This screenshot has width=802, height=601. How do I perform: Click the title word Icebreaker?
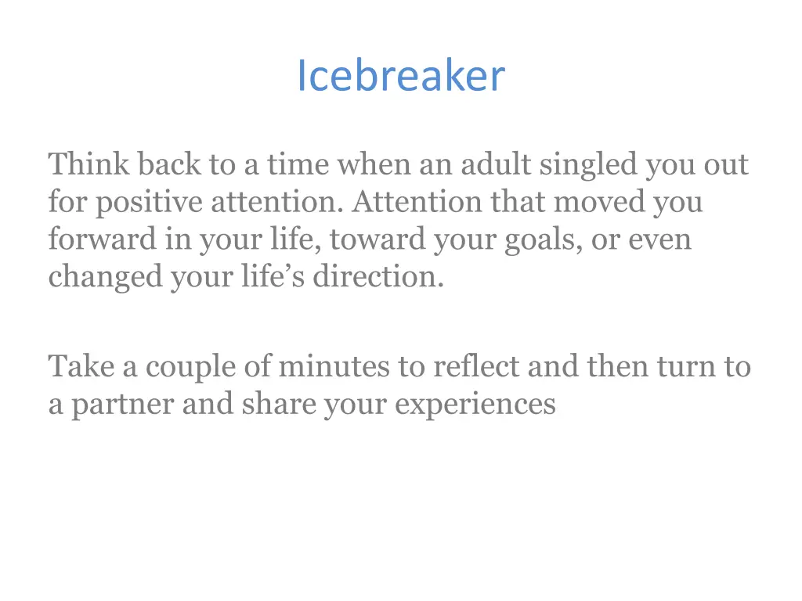[x=400, y=77]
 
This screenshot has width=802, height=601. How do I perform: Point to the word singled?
[x=586, y=166]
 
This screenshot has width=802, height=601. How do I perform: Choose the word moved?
[x=600, y=202]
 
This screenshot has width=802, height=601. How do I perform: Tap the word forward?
[x=103, y=239]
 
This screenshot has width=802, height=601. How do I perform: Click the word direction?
[x=378, y=277]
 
